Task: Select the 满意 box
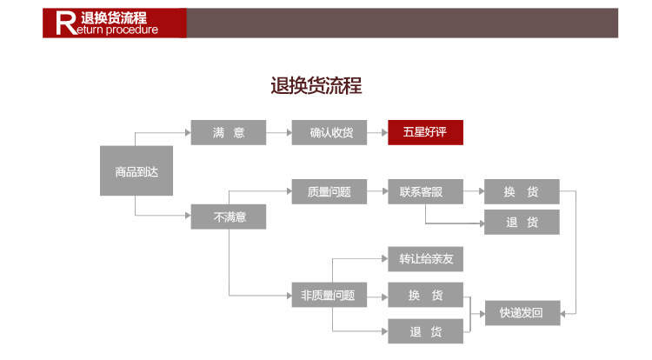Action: click(x=228, y=133)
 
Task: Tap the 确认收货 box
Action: click(x=329, y=133)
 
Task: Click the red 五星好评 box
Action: click(x=425, y=133)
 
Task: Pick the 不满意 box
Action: click(x=228, y=217)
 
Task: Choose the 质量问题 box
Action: click(x=329, y=192)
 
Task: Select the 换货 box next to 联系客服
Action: click(x=522, y=192)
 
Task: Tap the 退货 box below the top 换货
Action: click(x=522, y=222)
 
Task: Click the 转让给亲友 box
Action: click(x=425, y=259)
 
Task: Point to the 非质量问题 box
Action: click(x=329, y=295)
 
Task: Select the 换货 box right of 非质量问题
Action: click(x=425, y=295)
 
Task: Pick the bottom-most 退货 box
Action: click(x=425, y=331)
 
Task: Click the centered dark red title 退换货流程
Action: click(x=316, y=85)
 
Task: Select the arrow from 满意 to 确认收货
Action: click(x=278, y=133)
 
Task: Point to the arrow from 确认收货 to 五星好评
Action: click(x=377, y=133)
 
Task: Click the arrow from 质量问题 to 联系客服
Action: click(x=377, y=192)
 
